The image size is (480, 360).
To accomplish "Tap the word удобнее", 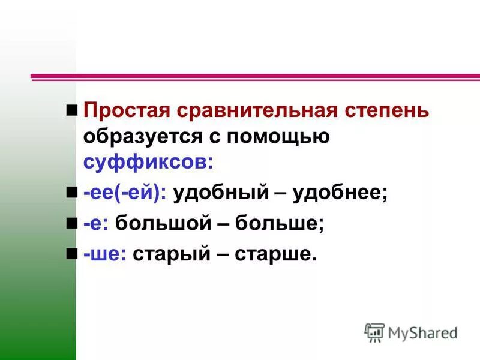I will pos(339,194).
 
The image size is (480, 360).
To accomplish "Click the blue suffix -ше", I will pos(105,255).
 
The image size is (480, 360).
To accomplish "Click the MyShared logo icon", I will pos(374,332).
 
